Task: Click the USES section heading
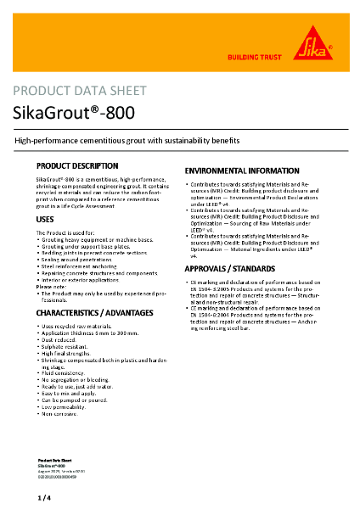[46, 220]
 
